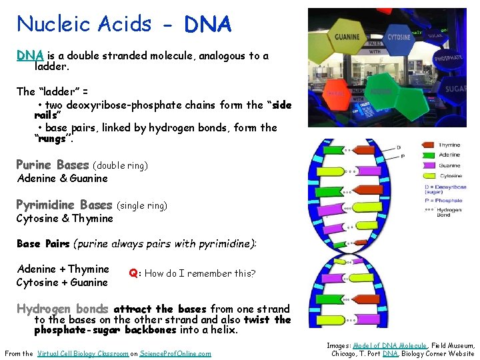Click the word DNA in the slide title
click(208, 25)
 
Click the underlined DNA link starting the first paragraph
click(30, 56)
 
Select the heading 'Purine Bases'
click(53, 165)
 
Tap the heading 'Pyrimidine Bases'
click(64, 205)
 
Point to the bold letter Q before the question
click(133, 273)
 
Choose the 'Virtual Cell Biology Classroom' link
click(83, 353)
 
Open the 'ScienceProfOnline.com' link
click(175, 353)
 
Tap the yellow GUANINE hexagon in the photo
click(347, 38)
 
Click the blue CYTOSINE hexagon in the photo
click(398, 38)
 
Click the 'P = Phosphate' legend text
click(443, 200)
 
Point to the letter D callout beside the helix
click(398, 147)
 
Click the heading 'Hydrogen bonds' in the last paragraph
click(62, 309)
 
